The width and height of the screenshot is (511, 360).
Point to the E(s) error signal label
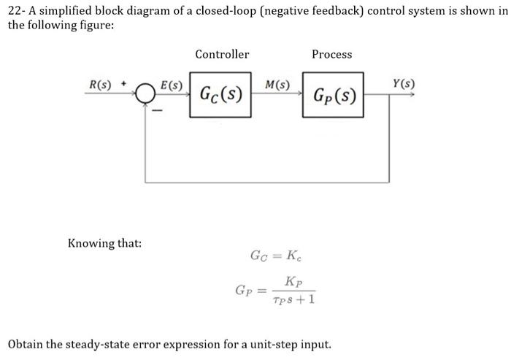click(172, 85)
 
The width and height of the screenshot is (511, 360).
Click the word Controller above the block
click(222, 54)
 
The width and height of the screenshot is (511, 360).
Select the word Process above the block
click(331, 54)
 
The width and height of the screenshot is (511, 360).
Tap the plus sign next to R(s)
click(124, 84)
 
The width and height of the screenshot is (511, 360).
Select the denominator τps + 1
click(293, 300)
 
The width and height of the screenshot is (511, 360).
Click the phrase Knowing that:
click(104, 242)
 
